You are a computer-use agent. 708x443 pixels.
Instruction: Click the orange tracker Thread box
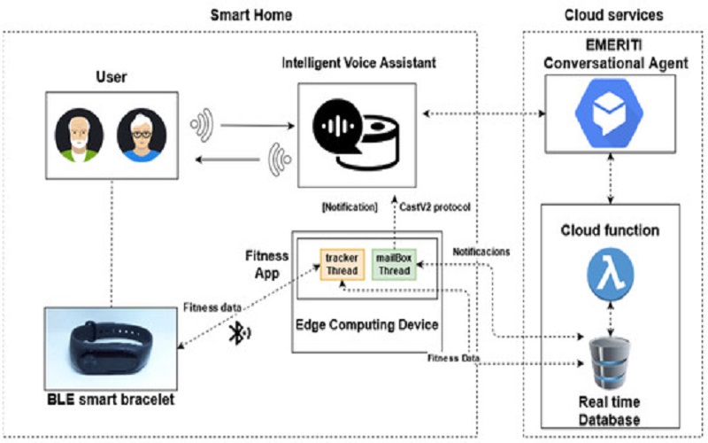[342, 264]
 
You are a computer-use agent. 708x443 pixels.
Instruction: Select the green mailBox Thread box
[394, 264]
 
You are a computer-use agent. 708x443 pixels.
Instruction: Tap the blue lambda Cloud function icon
[611, 275]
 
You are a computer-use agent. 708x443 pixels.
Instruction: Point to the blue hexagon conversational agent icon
[609, 113]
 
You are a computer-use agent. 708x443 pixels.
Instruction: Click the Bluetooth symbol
[239, 333]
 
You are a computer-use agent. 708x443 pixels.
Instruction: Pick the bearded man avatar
[79, 135]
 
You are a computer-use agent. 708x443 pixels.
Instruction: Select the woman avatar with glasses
[142, 135]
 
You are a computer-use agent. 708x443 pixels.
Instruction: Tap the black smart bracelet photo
[112, 348]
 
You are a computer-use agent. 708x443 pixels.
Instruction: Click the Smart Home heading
[251, 15]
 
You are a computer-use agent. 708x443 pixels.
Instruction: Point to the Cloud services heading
[614, 15]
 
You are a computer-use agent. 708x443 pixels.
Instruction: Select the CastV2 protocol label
[435, 207]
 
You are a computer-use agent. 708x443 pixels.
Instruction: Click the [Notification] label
[350, 207]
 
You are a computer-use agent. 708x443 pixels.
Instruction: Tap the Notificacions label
[481, 252]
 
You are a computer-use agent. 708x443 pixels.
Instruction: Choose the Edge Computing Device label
[366, 325]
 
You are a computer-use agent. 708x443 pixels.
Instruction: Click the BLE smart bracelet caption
[112, 400]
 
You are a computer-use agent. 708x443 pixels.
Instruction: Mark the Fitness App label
[267, 264]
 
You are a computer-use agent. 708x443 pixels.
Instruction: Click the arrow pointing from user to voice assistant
[258, 126]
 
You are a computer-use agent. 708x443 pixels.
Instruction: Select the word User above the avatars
[112, 77]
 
